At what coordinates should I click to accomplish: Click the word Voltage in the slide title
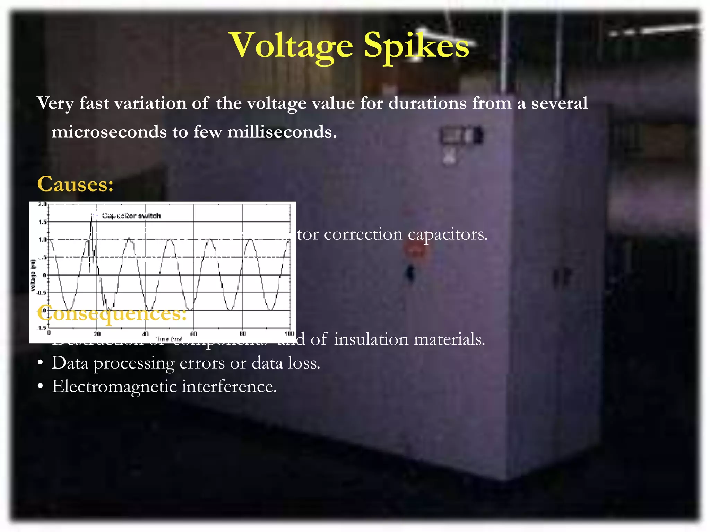click(x=292, y=46)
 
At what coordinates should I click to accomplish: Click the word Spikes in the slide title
click(x=416, y=46)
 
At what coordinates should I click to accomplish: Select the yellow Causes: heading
click(x=75, y=184)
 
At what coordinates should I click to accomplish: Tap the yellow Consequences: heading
click(x=112, y=313)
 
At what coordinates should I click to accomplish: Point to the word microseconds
click(x=109, y=132)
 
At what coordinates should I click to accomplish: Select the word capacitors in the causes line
click(x=447, y=235)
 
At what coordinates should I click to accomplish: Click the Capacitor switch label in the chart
click(x=131, y=216)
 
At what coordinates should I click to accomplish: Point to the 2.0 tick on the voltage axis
click(x=42, y=204)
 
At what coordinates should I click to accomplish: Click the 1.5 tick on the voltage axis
click(x=42, y=222)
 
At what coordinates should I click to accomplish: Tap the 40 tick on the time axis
click(x=145, y=334)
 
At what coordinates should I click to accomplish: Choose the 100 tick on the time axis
click(x=289, y=334)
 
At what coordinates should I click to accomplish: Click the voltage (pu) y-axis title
click(x=33, y=275)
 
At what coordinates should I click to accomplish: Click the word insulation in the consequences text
click(x=371, y=339)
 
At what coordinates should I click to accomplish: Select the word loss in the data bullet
click(x=305, y=363)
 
